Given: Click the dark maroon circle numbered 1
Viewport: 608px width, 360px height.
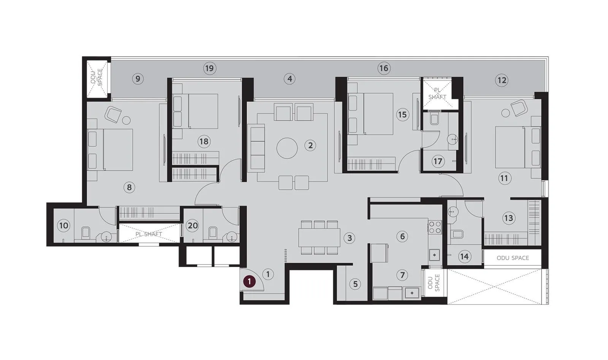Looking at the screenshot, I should [249, 282].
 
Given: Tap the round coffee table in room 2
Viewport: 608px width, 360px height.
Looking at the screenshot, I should [287, 148].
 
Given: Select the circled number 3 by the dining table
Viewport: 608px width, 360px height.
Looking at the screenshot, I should [349, 238].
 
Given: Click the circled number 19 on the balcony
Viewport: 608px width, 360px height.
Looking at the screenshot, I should [209, 68].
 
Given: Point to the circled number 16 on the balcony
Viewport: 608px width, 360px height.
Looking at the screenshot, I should [384, 68].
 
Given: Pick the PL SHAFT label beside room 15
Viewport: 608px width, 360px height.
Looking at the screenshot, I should [437, 94].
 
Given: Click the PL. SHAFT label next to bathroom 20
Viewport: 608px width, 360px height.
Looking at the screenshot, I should [149, 234].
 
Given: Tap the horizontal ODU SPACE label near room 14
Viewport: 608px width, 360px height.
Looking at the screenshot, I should [513, 258].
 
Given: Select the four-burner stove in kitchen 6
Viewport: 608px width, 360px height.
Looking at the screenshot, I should [435, 227].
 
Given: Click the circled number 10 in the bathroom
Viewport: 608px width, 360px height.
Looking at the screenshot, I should [63, 225].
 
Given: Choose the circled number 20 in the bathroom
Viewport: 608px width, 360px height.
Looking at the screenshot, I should [193, 225].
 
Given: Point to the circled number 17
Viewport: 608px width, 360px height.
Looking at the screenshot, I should [438, 161].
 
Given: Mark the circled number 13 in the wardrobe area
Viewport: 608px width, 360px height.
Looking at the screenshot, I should [508, 218].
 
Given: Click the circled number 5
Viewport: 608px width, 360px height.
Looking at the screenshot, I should [355, 284].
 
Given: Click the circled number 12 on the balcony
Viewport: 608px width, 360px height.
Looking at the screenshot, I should [502, 80].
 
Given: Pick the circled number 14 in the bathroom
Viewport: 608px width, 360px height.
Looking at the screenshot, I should [464, 256].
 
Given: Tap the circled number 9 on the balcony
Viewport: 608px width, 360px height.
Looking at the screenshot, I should [138, 79].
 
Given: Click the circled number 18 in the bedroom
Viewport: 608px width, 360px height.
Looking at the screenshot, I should [204, 142].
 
